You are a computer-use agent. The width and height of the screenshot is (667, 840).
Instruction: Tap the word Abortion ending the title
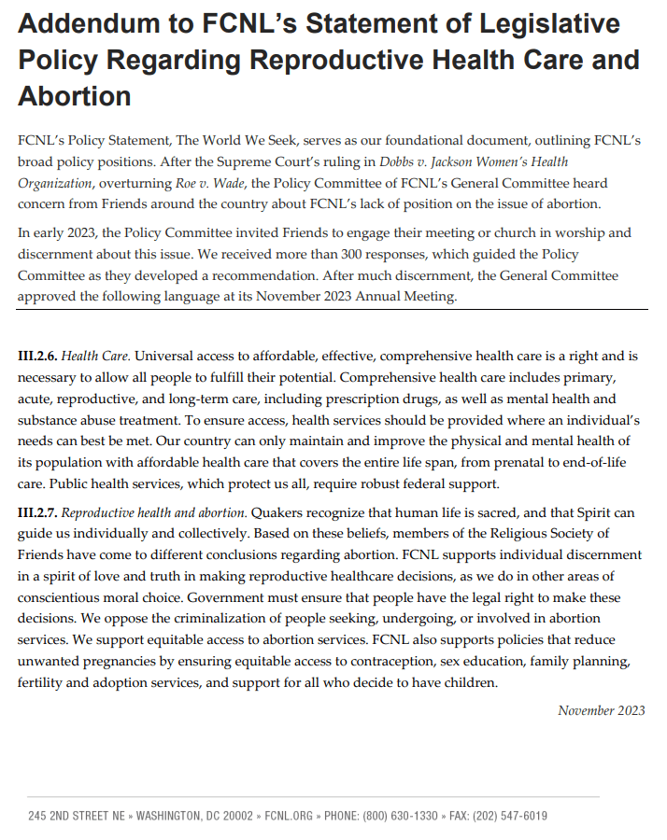(74, 96)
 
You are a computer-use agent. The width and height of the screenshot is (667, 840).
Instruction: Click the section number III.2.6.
(37, 357)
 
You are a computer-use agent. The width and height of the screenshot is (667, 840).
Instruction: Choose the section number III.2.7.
(37, 513)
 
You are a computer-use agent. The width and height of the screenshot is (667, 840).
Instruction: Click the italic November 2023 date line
(601, 711)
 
